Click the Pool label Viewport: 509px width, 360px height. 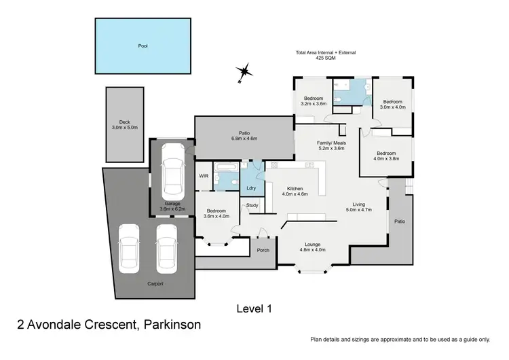(x=143, y=46)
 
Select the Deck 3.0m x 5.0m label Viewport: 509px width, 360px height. (x=124, y=125)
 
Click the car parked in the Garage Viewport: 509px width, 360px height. (x=171, y=175)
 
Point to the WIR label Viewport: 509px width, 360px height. (x=203, y=176)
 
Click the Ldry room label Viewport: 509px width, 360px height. (x=251, y=187)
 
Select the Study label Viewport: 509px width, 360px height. (x=252, y=205)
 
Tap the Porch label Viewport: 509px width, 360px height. (x=263, y=250)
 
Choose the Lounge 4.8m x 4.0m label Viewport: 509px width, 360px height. (x=313, y=246)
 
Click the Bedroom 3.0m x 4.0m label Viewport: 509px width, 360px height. (x=392, y=104)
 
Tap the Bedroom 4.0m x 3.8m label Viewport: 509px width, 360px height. (x=388, y=156)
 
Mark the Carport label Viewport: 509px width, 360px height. (x=153, y=284)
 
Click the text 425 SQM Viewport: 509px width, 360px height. (x=325, y=58)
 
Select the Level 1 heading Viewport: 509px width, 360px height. (x=254, y=308)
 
